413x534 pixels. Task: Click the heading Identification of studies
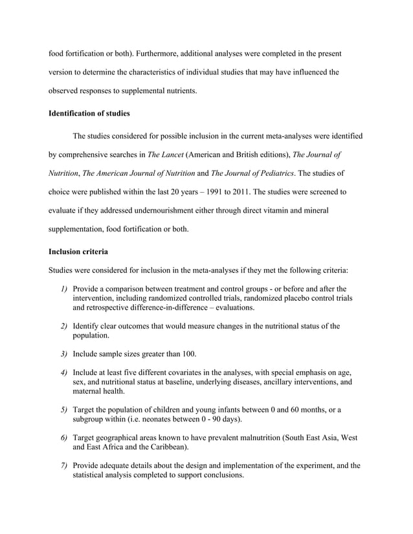click(89, 114)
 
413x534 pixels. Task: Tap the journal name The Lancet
click(166, 155)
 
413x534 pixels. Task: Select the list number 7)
click(64, 465)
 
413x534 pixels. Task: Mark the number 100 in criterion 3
click(186, 354)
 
